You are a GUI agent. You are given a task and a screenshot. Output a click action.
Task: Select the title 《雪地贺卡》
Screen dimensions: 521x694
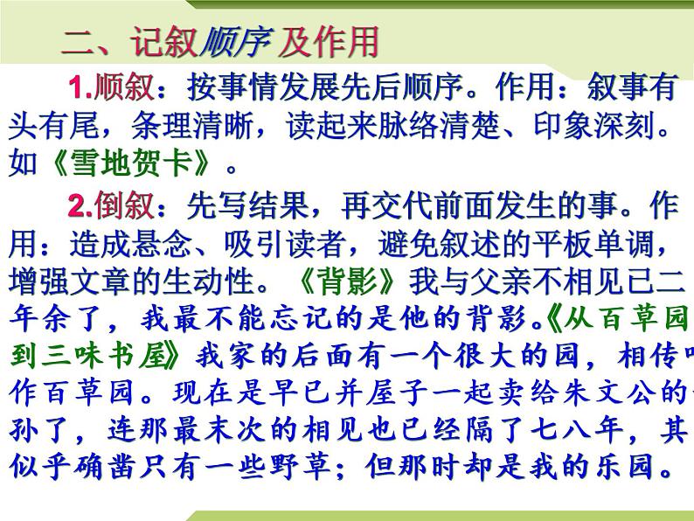pyautogui.click(x=122, y=163)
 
